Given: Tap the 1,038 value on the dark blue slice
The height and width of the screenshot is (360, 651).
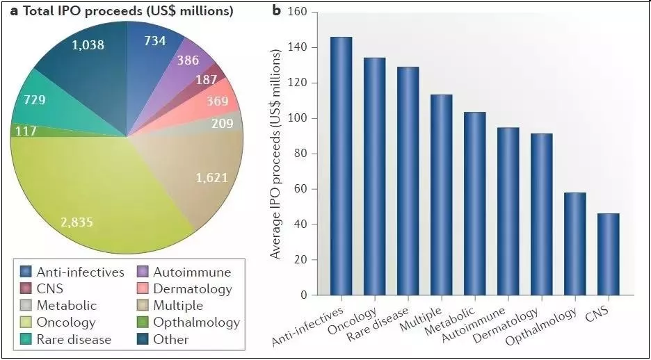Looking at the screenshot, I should pyautogui.click(x=88, y=45).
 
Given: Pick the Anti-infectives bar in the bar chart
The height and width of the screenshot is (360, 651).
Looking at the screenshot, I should pyautogui.click(x=341, y=167).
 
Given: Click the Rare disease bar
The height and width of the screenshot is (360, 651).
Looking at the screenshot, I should pyautogui.click(x=408, y=181).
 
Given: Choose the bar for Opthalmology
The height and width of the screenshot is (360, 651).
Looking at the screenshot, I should pyautogui.click(x=574, y=244).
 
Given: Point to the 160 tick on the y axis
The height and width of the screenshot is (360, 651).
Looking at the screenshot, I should pyautogui.click(x=297, y=12).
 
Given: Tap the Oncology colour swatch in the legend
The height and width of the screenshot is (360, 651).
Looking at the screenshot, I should pyautogui.click(x=26, y=322).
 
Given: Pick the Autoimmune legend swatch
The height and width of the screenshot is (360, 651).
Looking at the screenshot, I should pyautogui.click(x=140, y=272).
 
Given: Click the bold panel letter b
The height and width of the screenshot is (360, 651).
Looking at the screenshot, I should pyautogui.click(x=276, y=10).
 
